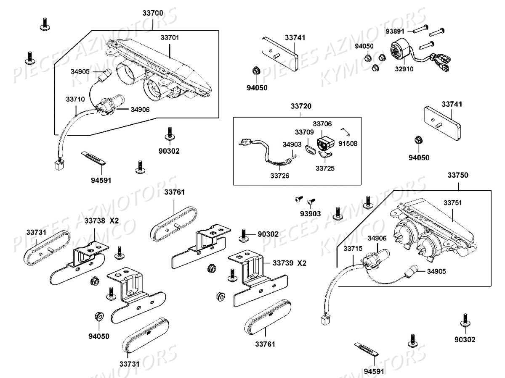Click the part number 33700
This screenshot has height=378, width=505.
(x=153, y=13)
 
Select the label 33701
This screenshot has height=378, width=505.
(x=170, y=37)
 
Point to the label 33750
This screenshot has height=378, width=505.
(x=457, y=175)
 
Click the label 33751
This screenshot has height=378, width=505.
(x=452, y=202)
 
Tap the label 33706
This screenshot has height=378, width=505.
(x=322, y=124)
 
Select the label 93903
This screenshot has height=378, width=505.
(x=310, y=214)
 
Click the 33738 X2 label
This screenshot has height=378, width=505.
(x=102, y=220)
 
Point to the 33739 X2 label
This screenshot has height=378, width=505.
(x=290, y=263)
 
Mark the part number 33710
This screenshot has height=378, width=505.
(x=75, y=100)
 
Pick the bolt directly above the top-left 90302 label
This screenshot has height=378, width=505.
(x=170, y=133)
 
